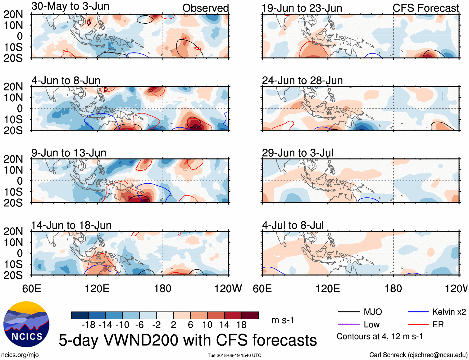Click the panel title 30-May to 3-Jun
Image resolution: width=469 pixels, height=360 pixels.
click(x=70, y=6)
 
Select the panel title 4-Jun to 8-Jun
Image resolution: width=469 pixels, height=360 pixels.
click(x=66, y=81)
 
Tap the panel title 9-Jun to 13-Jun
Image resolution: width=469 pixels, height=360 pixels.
click(x=69, y=153)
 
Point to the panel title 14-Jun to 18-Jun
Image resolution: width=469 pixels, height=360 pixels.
click(x=71, y=225)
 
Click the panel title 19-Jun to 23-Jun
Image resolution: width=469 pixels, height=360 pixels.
click(x=302, y=8)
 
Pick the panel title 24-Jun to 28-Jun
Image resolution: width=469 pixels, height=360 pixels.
click(x=302, y=81)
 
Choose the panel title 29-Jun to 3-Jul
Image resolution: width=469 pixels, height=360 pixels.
click(x=298, y=153)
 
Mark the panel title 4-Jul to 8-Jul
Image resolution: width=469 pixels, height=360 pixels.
click(x=293, y=225)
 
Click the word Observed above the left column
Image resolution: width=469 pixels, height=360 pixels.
click(x=205, y=8)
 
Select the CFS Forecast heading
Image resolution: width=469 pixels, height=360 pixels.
click(x=426, y=8)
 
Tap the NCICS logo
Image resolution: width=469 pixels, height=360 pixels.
click(x=26, y=324)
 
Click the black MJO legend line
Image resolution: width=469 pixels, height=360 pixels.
click(x=348, y=312)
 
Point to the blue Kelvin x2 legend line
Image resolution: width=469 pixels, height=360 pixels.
click(x=418, y=312)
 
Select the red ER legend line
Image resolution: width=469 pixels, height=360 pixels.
click(x=418, y=325)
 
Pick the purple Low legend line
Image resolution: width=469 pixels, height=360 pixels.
click(x=348, y=325)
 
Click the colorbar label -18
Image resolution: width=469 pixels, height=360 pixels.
click(x=89, y=325)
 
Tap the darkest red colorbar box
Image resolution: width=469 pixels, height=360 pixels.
click(x=250, y=315)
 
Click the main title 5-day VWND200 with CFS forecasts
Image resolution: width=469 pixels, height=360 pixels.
click(x=188, y=340)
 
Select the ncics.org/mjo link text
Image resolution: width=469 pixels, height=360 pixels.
click(x=20, y=355)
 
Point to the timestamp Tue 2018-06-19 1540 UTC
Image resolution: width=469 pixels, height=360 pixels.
click(x=234, y=355)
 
